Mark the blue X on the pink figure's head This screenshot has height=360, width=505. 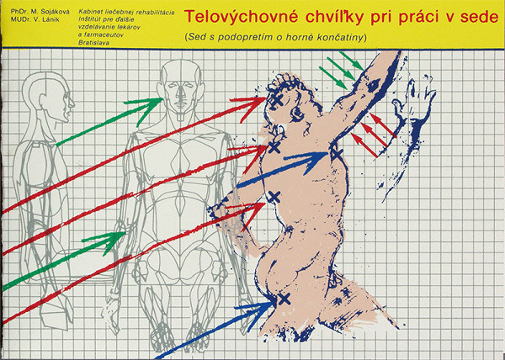[x=275, y=100]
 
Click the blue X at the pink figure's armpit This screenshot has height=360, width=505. [x=337, y=155]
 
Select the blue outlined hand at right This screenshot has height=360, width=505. [x=419, y=105]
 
